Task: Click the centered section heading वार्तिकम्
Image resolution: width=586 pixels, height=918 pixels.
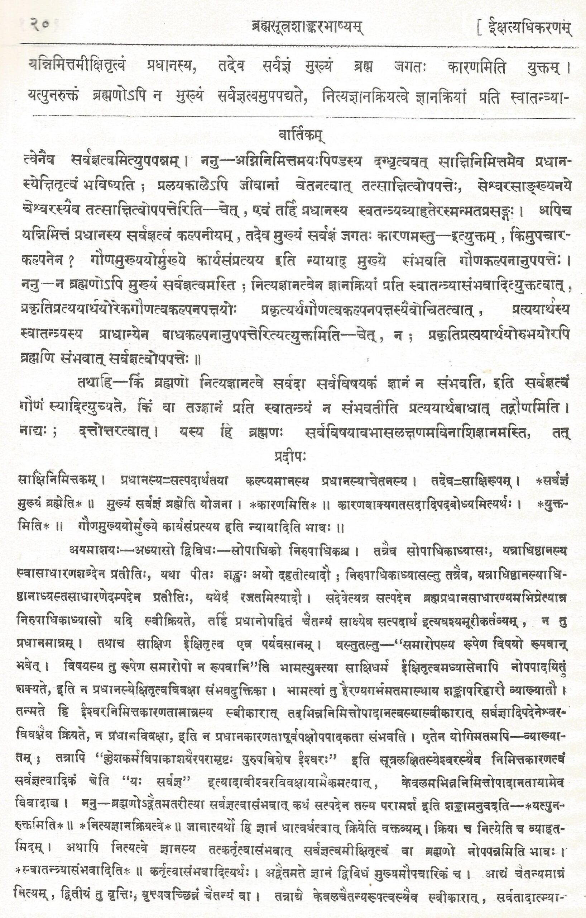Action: pyautogui.click(x=301, y=136)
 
